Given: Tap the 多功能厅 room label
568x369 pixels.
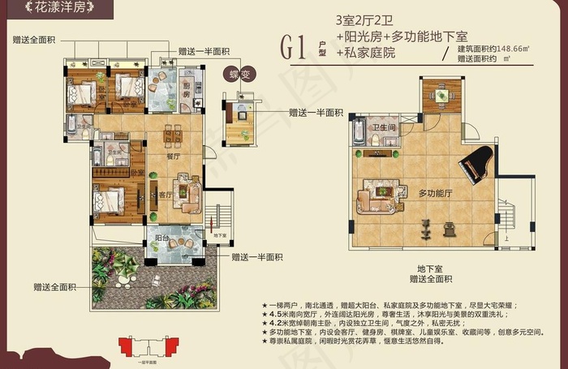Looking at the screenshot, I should pyautogui.click(x=435, y=194).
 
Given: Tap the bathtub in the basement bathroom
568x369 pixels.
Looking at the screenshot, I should pyautogui.click(x=358, y=135).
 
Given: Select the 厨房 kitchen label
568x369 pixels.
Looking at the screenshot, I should pyautogui.click(x=187, y=91).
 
